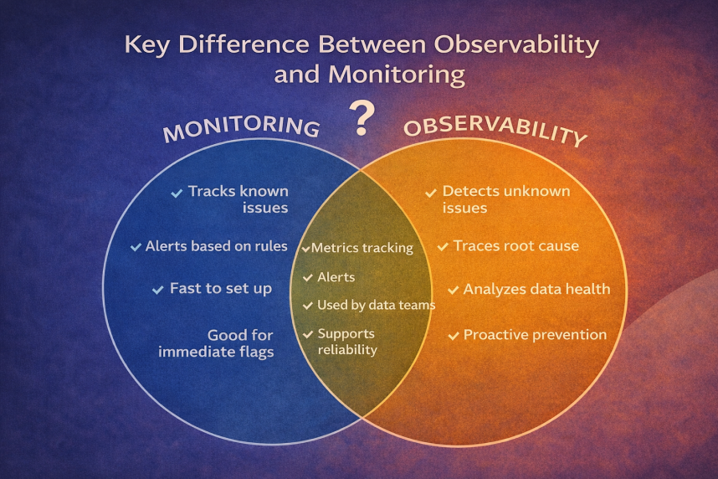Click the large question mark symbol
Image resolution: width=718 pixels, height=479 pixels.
point(362,118)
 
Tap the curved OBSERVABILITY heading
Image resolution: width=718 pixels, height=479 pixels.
point(495,131)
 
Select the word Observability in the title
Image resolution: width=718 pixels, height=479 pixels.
point(516,45)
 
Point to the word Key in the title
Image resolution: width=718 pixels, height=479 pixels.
point(147,45)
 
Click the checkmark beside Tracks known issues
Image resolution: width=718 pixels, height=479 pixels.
point(177,193)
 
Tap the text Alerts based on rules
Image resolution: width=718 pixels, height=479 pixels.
point(216,246)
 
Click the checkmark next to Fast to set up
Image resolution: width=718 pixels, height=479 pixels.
point(158,290)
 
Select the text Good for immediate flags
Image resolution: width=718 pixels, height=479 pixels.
point(216,343)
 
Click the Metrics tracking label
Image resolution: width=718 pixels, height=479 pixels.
point(362,248)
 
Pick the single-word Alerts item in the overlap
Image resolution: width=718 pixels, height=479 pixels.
point(336,277)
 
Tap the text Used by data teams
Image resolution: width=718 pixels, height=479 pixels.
point(376,306)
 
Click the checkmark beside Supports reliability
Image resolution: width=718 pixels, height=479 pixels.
point(308,335)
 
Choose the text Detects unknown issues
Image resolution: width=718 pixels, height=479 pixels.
point(506,199)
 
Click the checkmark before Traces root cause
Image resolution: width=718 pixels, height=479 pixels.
point(443,247)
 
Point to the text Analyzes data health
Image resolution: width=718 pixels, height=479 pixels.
point(536,289)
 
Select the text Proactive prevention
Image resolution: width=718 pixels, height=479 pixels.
point(535,335)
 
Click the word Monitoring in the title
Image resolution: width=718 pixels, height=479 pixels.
point(397,75)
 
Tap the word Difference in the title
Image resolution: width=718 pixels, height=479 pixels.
point(244,45)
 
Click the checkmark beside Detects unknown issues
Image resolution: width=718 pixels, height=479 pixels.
point(431,193)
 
